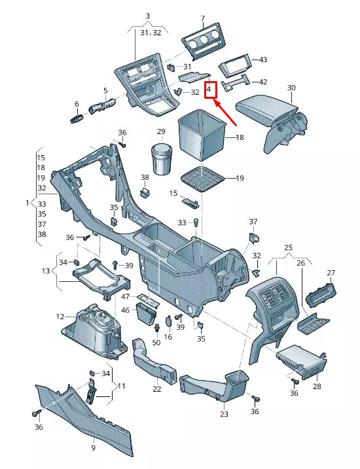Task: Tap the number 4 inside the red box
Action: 209,88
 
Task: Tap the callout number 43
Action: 263,60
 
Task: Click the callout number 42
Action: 263,82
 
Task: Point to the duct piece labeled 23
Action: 216,387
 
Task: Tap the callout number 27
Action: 331,273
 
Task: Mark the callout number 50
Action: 156,343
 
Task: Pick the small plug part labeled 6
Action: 77,118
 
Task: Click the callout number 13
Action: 45,271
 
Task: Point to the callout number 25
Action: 288,248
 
